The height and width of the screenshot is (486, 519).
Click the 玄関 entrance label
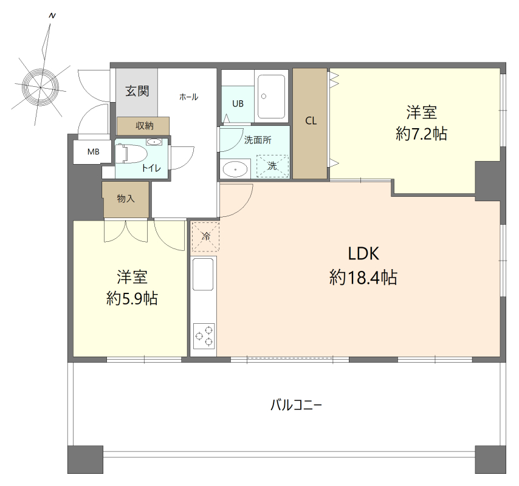137,91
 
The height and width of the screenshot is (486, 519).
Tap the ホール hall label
188,97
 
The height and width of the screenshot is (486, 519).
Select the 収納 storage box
143,126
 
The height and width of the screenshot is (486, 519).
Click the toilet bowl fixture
131,154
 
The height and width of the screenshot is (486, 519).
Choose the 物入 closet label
126,199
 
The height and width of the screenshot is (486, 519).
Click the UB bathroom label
238,104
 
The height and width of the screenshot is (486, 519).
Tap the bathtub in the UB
271,97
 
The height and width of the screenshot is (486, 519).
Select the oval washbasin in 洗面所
235,169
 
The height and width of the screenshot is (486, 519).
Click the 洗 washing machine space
272,166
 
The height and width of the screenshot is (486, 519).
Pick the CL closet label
311,121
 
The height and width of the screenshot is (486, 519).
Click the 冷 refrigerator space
205,236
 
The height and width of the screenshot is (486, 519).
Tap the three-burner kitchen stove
204,336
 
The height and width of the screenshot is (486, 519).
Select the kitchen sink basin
203,274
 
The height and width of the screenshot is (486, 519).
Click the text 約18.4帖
363,278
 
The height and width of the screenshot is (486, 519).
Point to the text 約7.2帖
421,134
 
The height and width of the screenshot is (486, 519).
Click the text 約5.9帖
132,299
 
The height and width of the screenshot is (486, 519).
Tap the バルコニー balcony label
296,405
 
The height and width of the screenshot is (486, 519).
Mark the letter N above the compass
52,16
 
